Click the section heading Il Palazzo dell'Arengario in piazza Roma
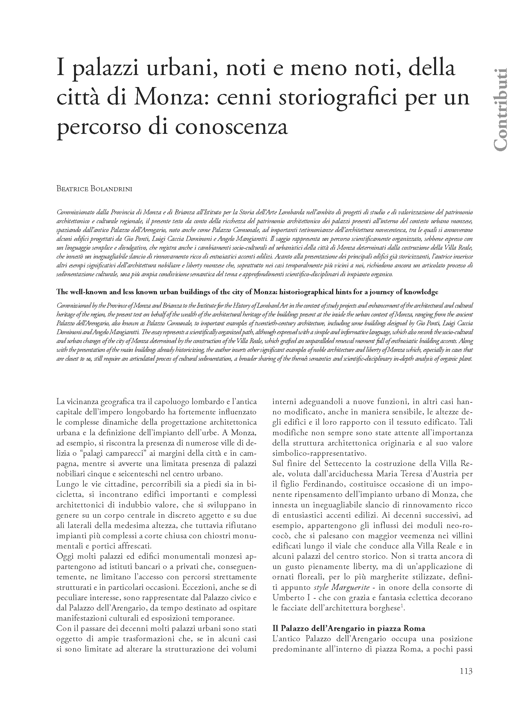(349, 628)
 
